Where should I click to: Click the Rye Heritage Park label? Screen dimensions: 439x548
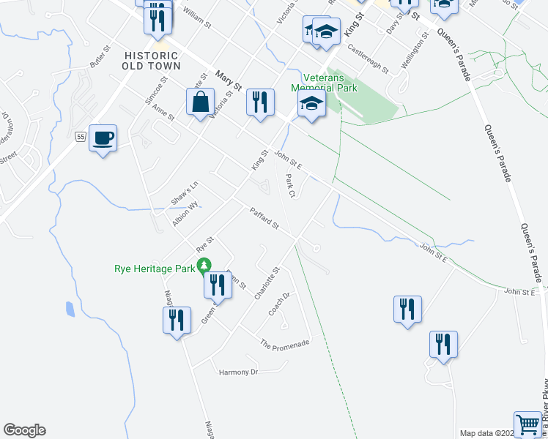(x=155, y=268)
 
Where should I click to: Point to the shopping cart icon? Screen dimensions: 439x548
(x=527, y=424)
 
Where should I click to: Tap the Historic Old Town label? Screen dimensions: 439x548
(x=152, y=61)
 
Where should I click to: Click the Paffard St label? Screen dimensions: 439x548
(x=264, y=218)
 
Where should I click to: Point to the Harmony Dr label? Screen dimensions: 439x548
(x=239, y=372)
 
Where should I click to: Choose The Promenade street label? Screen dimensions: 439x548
(x=285, y=343)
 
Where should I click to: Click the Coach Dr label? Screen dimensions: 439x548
(x=279, y=304)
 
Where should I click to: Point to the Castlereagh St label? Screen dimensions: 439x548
(x=368, y=59)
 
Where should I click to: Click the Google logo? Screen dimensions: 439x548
(x=24, y=430)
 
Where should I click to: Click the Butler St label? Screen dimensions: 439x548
(x=99, y=59)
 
